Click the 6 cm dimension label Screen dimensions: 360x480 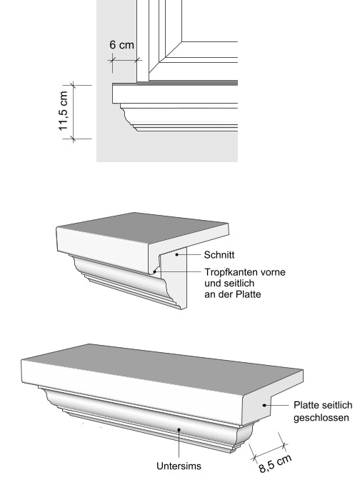[x=122, y=45]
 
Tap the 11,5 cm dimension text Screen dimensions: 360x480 [x=64, y=111]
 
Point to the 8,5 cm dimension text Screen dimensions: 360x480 [x=275, y=464]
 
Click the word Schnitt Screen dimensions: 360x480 [x=219, y=255]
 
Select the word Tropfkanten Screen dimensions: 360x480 [x=230, y=272]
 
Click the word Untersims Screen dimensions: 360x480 [x=179, y=466]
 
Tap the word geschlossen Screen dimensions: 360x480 [x=321, y=418]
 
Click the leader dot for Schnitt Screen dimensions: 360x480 [x=176, y=255]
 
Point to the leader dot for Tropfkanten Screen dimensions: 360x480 [x=154, y=271]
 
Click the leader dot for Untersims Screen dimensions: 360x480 [x=179, y=430]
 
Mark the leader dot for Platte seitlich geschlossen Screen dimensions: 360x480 [x=264, y=405]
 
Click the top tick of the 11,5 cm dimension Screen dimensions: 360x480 [x=73, y=85]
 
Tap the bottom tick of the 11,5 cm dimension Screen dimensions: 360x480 [x=73, y=139]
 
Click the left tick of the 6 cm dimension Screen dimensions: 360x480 [x=112, y=60]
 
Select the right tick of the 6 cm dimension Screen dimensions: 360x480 [x=137, y=60]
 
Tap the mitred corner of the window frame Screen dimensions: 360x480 [x=166, y=57]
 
